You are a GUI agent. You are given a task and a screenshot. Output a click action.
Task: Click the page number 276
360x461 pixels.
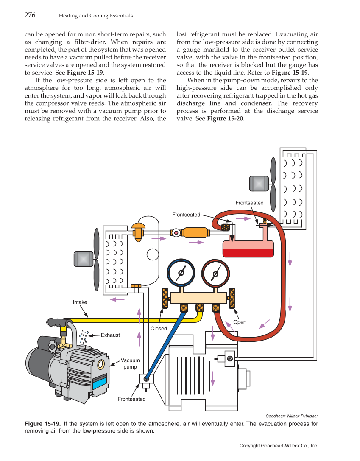click(30, 15)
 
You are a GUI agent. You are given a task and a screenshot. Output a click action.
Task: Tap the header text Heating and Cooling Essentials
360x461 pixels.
click(95, 16)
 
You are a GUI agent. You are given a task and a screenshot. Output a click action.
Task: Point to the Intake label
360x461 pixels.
click(80, 302)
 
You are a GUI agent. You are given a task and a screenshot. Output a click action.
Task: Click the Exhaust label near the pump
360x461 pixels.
click(110, 335)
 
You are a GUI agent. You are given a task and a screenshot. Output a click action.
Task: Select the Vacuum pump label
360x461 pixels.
click(130, 363)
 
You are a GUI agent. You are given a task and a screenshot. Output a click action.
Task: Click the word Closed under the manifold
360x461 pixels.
click(159, 328)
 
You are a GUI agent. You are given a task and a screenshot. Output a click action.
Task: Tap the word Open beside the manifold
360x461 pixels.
click(240, 322)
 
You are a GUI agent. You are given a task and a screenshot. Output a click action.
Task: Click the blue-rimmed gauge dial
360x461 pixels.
click(181, 273)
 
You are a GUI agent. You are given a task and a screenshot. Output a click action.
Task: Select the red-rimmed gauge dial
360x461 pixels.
click(215, 273)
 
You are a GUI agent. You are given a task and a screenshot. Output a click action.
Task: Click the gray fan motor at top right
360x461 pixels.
click(257, 184)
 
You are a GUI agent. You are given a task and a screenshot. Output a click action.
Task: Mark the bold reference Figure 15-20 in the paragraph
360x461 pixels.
click(225, 118)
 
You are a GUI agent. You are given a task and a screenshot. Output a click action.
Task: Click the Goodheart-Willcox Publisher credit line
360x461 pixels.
click(291, 416)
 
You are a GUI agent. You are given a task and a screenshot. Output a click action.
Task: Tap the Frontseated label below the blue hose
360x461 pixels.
click(131, 399)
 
